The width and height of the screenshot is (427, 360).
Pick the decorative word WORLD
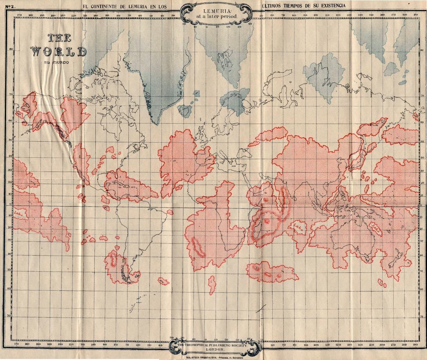59,51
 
